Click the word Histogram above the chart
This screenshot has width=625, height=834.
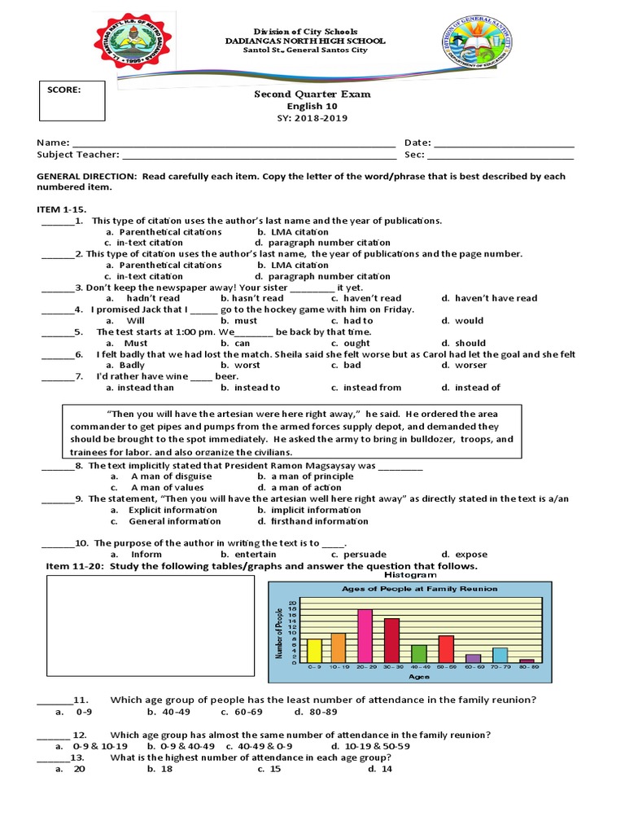[420, 575]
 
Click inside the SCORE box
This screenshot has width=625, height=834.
[71, 104]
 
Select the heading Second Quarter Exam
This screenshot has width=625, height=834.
[312, 94]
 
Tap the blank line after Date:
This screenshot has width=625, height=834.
[504, 143]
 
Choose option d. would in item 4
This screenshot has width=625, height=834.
[463, 321]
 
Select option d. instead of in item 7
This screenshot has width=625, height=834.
[470, 388]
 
